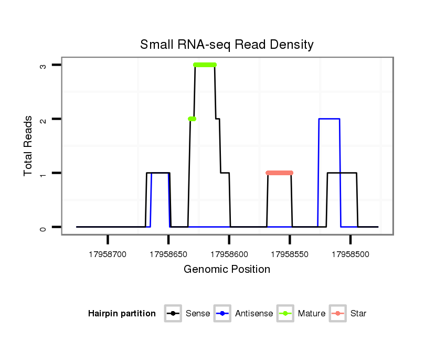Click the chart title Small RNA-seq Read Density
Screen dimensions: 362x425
(x=227, y=45)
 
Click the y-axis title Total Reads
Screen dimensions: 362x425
(x=28, y=145)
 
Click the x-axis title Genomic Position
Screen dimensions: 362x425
(x=227, y=270)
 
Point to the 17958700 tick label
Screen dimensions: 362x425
(x=108, y=254)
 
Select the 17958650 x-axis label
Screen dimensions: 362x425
(x=168, y=254)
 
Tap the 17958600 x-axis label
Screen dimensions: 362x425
(x=229, y=254)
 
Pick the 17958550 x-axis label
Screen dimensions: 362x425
(x=290, y=254)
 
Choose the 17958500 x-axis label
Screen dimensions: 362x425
(x=350, y=254)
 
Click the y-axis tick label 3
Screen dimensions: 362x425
(x=44, y=65)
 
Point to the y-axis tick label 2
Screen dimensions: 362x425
(x=44, y=119)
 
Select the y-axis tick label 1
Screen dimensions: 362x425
(x=44, y=173)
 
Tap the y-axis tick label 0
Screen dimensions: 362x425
(x=44, y=227)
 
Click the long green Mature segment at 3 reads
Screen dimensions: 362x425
(x=205, y=65)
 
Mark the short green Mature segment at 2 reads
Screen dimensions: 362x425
(x=192, y=119)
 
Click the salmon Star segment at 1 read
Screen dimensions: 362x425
(x=279, y=173)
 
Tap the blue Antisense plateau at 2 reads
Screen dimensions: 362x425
(x=329, y=119)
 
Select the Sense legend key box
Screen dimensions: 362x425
(x=173, y=314)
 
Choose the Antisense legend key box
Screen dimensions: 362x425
(x=223, y=314)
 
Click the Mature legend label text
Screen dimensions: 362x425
(x=311, y=314)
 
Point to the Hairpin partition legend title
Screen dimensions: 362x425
(x=122, y=314)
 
